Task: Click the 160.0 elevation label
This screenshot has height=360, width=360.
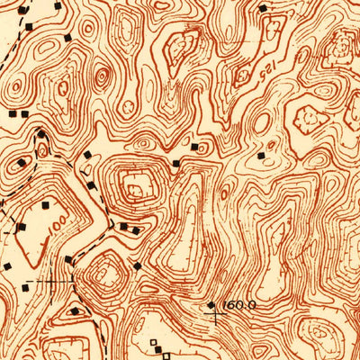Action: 238,306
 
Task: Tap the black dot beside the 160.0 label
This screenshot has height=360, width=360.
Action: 211,305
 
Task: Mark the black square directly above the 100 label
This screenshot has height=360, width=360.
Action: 41,203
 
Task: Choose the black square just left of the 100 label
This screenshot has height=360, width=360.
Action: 19,226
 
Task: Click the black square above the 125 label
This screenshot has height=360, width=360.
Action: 264,8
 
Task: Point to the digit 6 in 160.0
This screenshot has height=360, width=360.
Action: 233,306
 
